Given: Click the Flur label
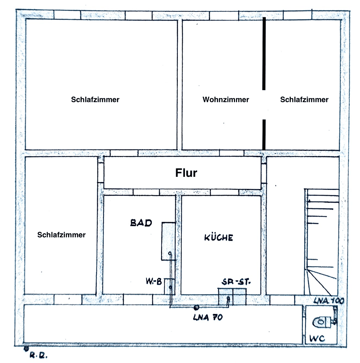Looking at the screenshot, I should pyautogui.click(x=186, y=173).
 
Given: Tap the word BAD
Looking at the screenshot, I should pyautogui.click(x=141, y=223).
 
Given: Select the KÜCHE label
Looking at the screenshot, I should pyautogui.click(x=218, y=238).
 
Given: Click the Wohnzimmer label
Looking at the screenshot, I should pyautogui.click(x=226, y=100).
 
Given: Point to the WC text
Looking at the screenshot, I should pyautogui.click(x=318, y=339).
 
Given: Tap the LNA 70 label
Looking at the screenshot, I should pyautogui.click(x=208, y=317).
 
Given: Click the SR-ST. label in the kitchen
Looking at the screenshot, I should pyautogui.click(x=235, y=282).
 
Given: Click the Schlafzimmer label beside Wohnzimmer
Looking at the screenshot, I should pyautogui.click(x=304, y=100).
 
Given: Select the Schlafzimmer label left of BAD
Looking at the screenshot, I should pyautogui.click(x=62, y=235).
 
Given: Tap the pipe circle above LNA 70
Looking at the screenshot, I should pyautogui.click(x=196, y=307).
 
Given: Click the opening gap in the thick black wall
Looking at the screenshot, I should pyautogui.click(x=264, y=105).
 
